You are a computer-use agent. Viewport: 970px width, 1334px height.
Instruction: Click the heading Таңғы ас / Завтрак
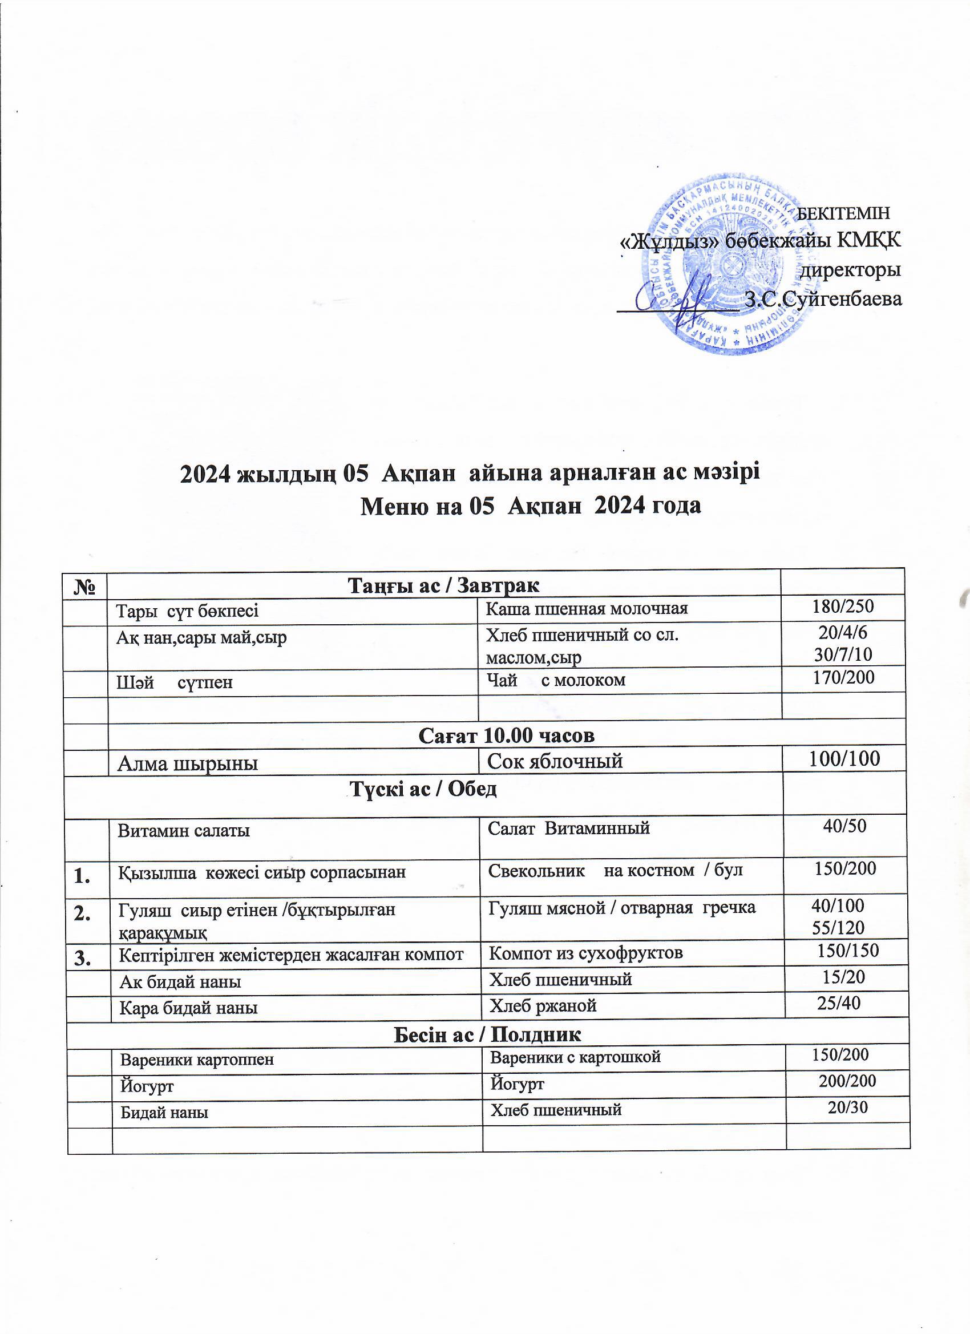tap(443, 585)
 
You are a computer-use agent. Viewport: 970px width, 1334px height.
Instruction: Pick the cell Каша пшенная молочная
tap(587, 608)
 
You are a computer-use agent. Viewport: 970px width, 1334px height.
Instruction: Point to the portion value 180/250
tap(843, 607)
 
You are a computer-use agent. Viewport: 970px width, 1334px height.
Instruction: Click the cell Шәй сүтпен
tap(175, 682)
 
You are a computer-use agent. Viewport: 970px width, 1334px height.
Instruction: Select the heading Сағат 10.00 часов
tap(506, 735)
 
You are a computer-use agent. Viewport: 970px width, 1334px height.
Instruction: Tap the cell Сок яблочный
tap(555, 761)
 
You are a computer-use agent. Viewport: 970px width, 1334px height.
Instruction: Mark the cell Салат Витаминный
tap(568, 828)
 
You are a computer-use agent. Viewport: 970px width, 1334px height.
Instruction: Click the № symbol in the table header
tap(87, 587)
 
